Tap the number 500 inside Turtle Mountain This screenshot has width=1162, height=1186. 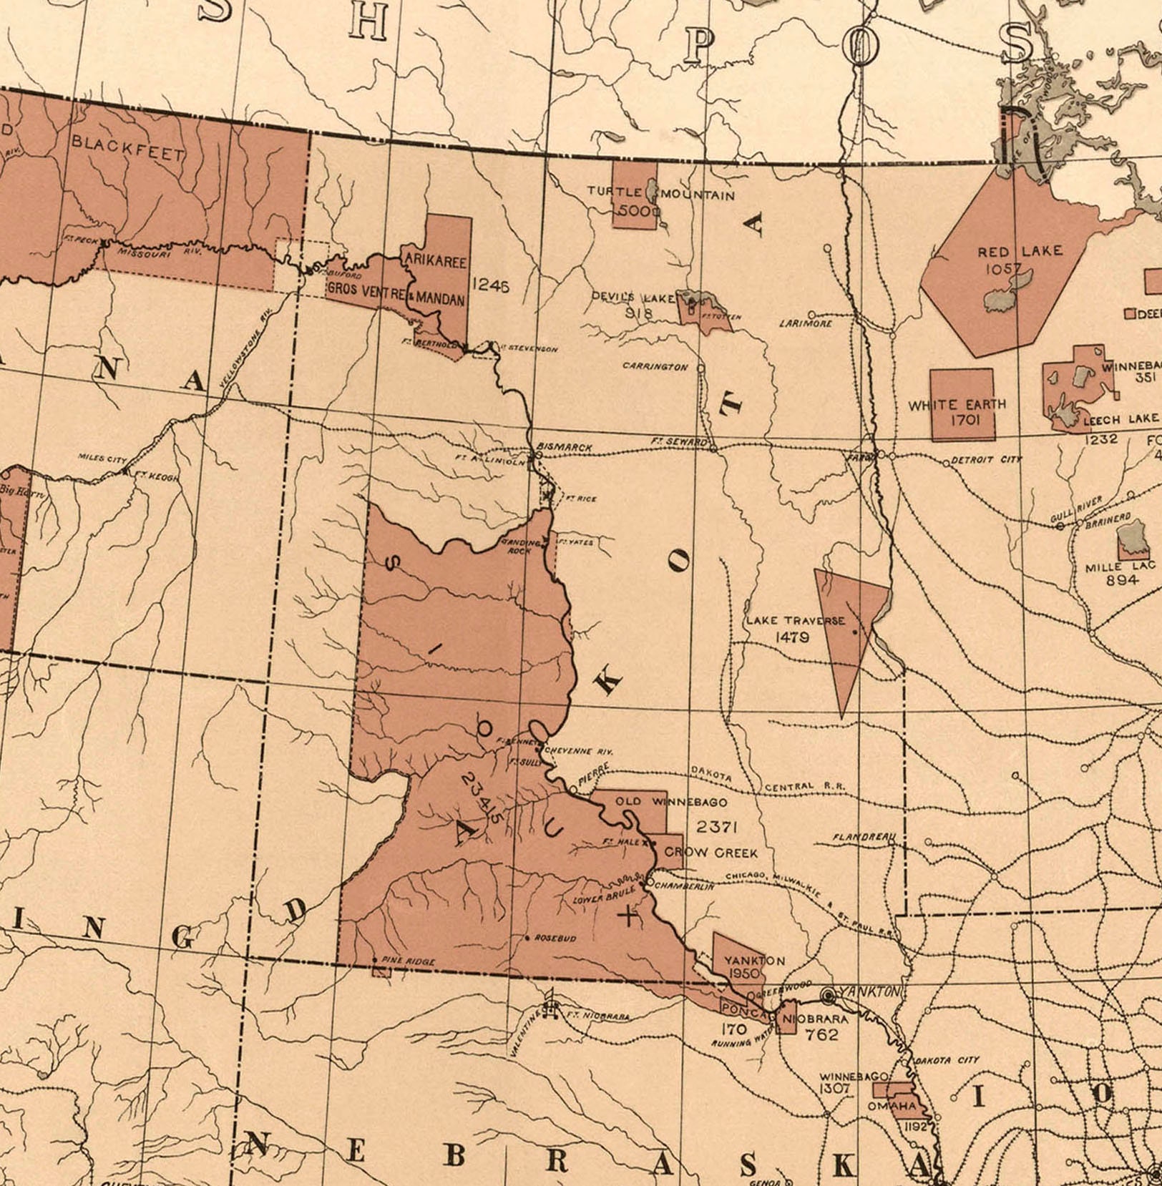pyautogui.click(x=634, y=211)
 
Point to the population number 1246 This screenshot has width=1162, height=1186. pyautogui.click(x=491, y=286)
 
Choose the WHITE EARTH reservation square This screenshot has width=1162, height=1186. pyautogui.click(x=962, y=404)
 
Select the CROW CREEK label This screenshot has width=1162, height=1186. pyautogui.click(x=710, y=853)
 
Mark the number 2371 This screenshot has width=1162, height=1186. pyautogui.click(x=716, y=827)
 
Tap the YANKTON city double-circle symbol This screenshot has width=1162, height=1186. pyautogui.click(x=829, y=995)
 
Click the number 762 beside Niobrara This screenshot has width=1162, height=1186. pyautogui.click(x=821, y=1034)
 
